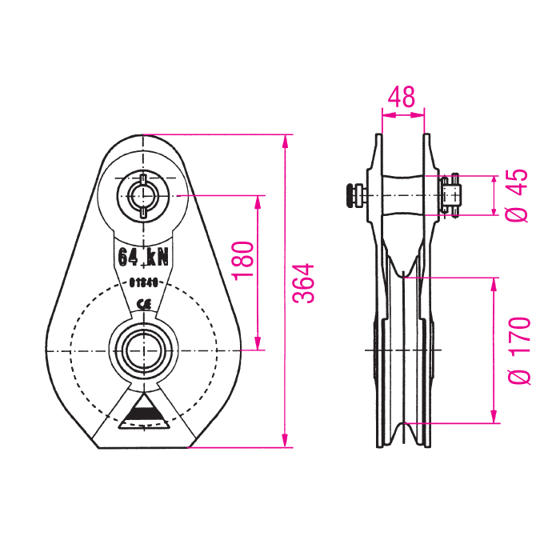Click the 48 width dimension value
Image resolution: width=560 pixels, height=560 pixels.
(402, 98)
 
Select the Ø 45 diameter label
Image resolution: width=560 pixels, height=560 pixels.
(518, 194)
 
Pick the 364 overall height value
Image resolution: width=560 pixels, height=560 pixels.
(303, 284)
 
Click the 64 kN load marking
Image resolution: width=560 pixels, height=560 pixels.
(144, 257)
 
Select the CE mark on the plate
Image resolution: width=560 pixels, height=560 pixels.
(145, 303)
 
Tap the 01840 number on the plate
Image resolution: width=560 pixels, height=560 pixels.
(145, 282)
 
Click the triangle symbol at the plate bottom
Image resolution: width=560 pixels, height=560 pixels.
(143, 411)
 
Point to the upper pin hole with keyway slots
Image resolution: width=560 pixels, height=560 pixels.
(143, 194)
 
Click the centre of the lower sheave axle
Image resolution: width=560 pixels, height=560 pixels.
(143, 350)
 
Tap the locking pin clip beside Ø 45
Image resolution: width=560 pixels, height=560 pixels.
(453, 194)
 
